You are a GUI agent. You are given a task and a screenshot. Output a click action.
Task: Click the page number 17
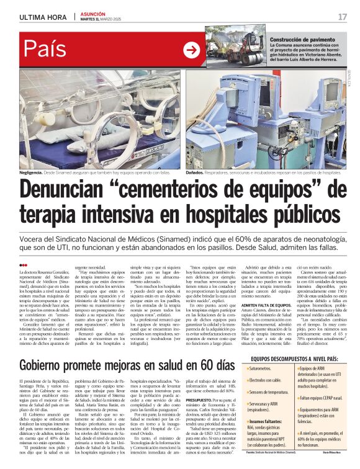click(x=342, y=16)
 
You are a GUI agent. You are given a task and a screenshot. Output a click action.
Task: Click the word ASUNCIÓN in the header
click(x=92, y=12)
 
